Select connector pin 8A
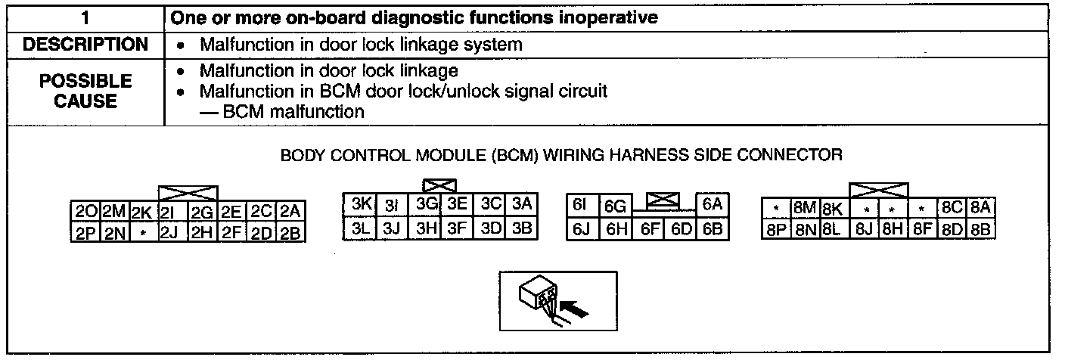click(982, 206)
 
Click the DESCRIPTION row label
click(85, 45)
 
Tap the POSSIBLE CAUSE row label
click(85, 90)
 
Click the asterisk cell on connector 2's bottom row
click(142, 232)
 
